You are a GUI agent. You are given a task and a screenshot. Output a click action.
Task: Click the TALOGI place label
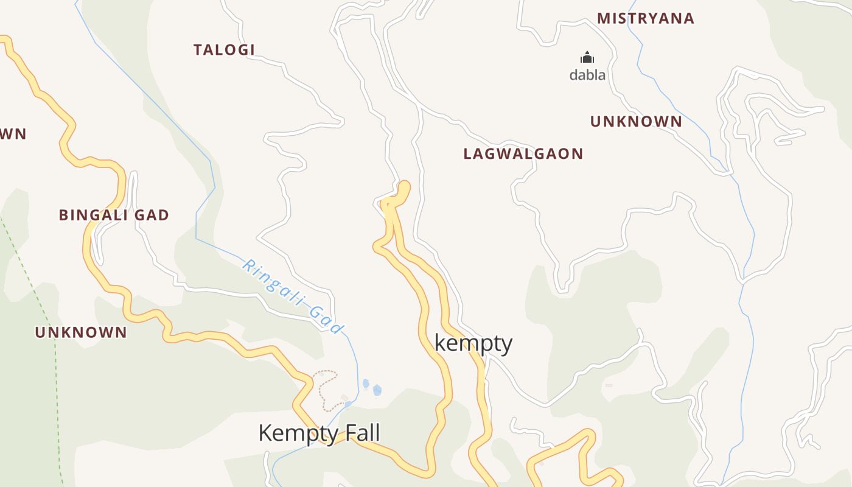click(224, 50)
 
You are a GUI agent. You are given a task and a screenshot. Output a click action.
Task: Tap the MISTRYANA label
click(646, 18)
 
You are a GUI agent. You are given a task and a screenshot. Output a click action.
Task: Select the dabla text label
click(587, 75)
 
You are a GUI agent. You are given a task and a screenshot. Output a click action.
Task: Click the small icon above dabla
click(587, 58)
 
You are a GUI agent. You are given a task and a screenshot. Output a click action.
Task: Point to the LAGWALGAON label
click(523, 153)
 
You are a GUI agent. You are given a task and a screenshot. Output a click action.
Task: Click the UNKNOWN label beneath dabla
click(636, 122)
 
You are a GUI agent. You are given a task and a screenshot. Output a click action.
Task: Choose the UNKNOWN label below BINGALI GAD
click(81, 332)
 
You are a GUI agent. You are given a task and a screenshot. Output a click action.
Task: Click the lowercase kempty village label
click(473, 343)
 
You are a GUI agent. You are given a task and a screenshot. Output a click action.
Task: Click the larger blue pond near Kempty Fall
click(377, 390)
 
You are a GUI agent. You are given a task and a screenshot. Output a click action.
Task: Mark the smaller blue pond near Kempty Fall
click(366, 384)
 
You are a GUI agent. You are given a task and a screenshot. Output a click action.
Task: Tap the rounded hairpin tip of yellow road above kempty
click(404, 185)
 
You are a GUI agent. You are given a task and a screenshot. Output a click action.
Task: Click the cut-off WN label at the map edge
click(13, 134)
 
